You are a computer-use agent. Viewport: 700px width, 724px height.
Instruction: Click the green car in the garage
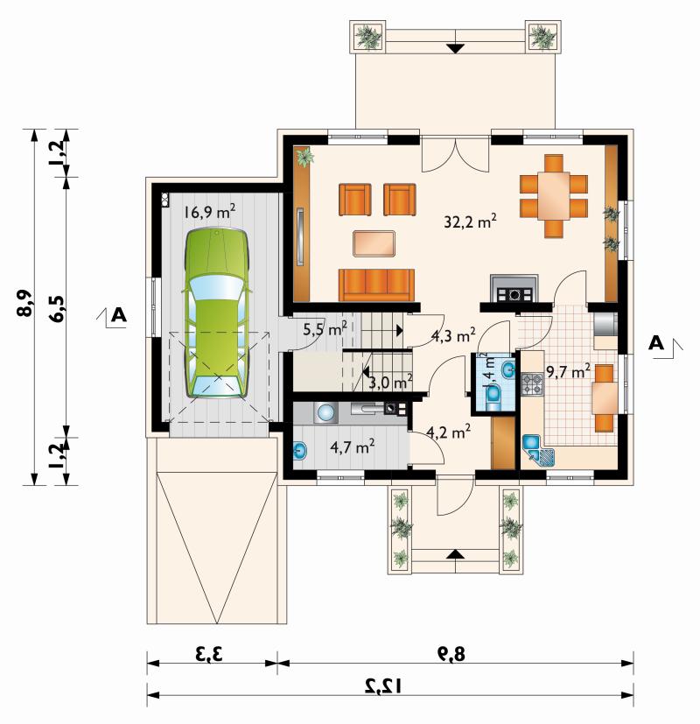[217, 313]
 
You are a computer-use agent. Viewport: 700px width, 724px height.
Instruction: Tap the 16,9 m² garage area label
[209, 212]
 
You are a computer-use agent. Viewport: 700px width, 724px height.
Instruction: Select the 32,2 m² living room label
[470, 221]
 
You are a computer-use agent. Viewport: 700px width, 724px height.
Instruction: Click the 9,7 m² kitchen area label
[568, 371]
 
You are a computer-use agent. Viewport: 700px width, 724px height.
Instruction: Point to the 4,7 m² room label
[352, 446]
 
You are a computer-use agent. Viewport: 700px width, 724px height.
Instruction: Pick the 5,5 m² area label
[325, 329]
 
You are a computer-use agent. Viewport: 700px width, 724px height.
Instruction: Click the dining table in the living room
[554, 196]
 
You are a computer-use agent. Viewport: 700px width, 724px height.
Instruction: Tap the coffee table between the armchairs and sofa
[374, 243]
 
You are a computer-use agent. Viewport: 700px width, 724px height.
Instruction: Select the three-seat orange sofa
[376, 285]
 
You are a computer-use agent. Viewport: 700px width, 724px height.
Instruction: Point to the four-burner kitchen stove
[533, 384]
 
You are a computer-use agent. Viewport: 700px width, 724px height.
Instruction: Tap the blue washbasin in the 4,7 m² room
[300, 450]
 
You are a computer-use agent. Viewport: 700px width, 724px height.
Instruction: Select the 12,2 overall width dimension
[383, 686]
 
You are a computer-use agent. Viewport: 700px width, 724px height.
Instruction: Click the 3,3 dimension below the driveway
[209, 654]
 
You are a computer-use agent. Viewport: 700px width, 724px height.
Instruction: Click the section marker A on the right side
[657, 343]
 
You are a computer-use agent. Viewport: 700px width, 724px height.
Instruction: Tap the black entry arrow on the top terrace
[456, 48]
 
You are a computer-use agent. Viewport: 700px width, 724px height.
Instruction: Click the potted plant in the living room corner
[304, 157]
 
